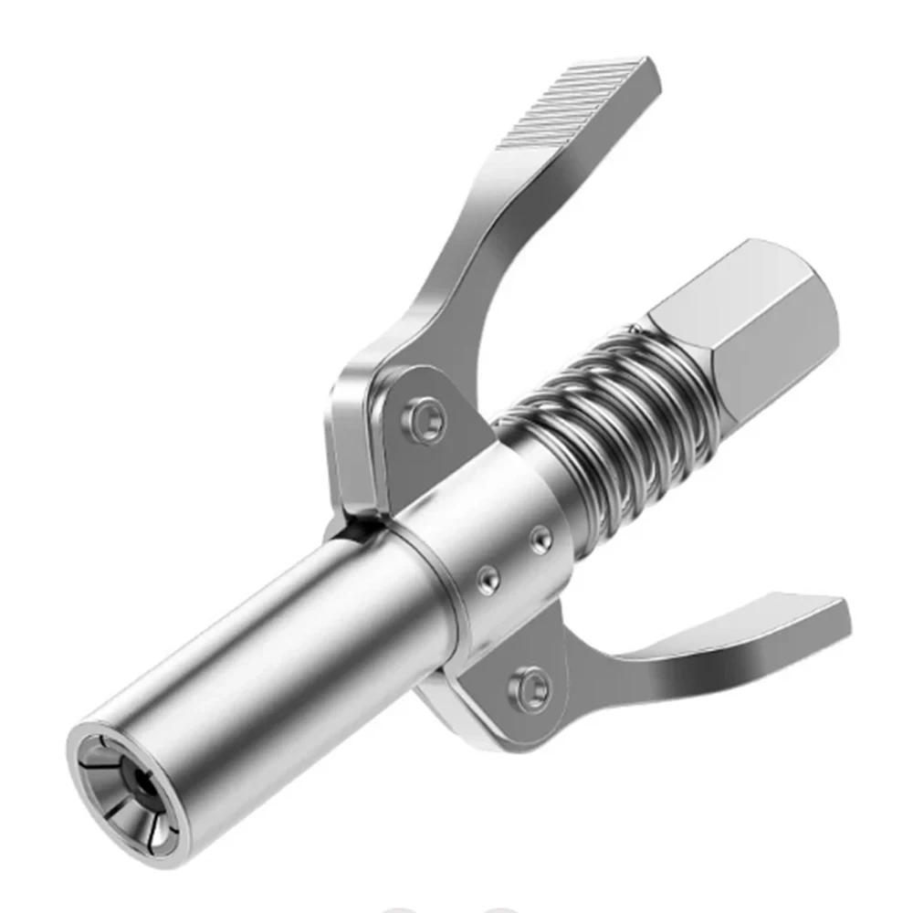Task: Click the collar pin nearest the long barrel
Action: (490, 578)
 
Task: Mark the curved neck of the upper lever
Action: (456, 265)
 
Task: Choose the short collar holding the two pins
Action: (493, 539)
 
